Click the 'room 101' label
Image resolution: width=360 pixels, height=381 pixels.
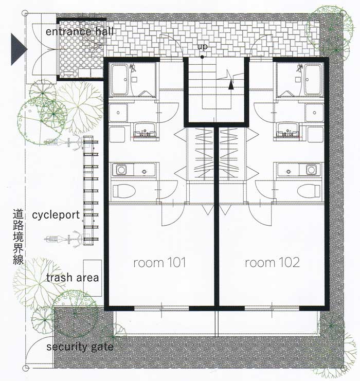pyautogui.click(x=160, y=263)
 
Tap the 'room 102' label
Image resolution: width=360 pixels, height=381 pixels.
pyautogui.click(x=272, y=263)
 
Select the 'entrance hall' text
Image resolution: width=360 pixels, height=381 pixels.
pyautogui.click(x=80, y=31)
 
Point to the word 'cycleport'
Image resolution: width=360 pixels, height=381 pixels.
pyautogui.click(x=56, y=215)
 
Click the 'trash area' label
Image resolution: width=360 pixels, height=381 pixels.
pyautogui.click(x=73, y=278)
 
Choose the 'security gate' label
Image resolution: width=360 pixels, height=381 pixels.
pyautogui.click(x=80, y=347)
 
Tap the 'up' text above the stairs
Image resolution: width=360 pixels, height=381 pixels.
pyautogui.click(x=202, y=47)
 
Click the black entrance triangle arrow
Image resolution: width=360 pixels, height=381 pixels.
pyautogui.click(x=19, y=49)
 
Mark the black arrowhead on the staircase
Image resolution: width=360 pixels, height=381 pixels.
pyautogui.click(x=231, y=85)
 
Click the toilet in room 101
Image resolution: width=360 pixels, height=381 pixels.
pyautogui.click(x=124, y=190)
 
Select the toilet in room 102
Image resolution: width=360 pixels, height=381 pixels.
pyautogui.click(x=309, y=190)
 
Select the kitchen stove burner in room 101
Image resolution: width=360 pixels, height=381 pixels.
pyautogui.click(x=121, y=170)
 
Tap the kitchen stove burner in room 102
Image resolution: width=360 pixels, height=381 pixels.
pyautogui.click(x=311, y=170)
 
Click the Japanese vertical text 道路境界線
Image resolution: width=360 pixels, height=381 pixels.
pyautogui.click(x=18, y=237)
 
